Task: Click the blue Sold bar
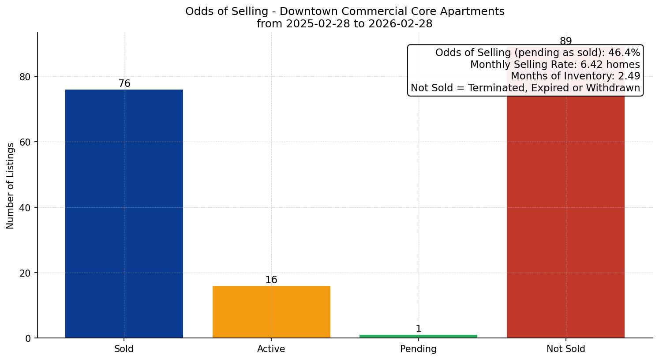coord(124,214)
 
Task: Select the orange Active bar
coord(271,312)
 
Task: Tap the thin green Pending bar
coord(418,336)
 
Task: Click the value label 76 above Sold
coord(124,84)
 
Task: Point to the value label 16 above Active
coord(271,280)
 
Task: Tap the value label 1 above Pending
coord(419,329)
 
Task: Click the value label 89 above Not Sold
coord(565,41)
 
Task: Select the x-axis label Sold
coord(124,349)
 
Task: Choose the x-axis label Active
coord(271,349)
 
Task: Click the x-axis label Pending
coord(418,349)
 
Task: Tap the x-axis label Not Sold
coord(565,349)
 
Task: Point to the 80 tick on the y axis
coord(25,77)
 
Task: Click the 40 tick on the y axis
coord(25,208)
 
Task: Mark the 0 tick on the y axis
coord(28,338)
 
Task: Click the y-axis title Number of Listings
coord(11,186)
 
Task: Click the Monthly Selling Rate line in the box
coord(554,65)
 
